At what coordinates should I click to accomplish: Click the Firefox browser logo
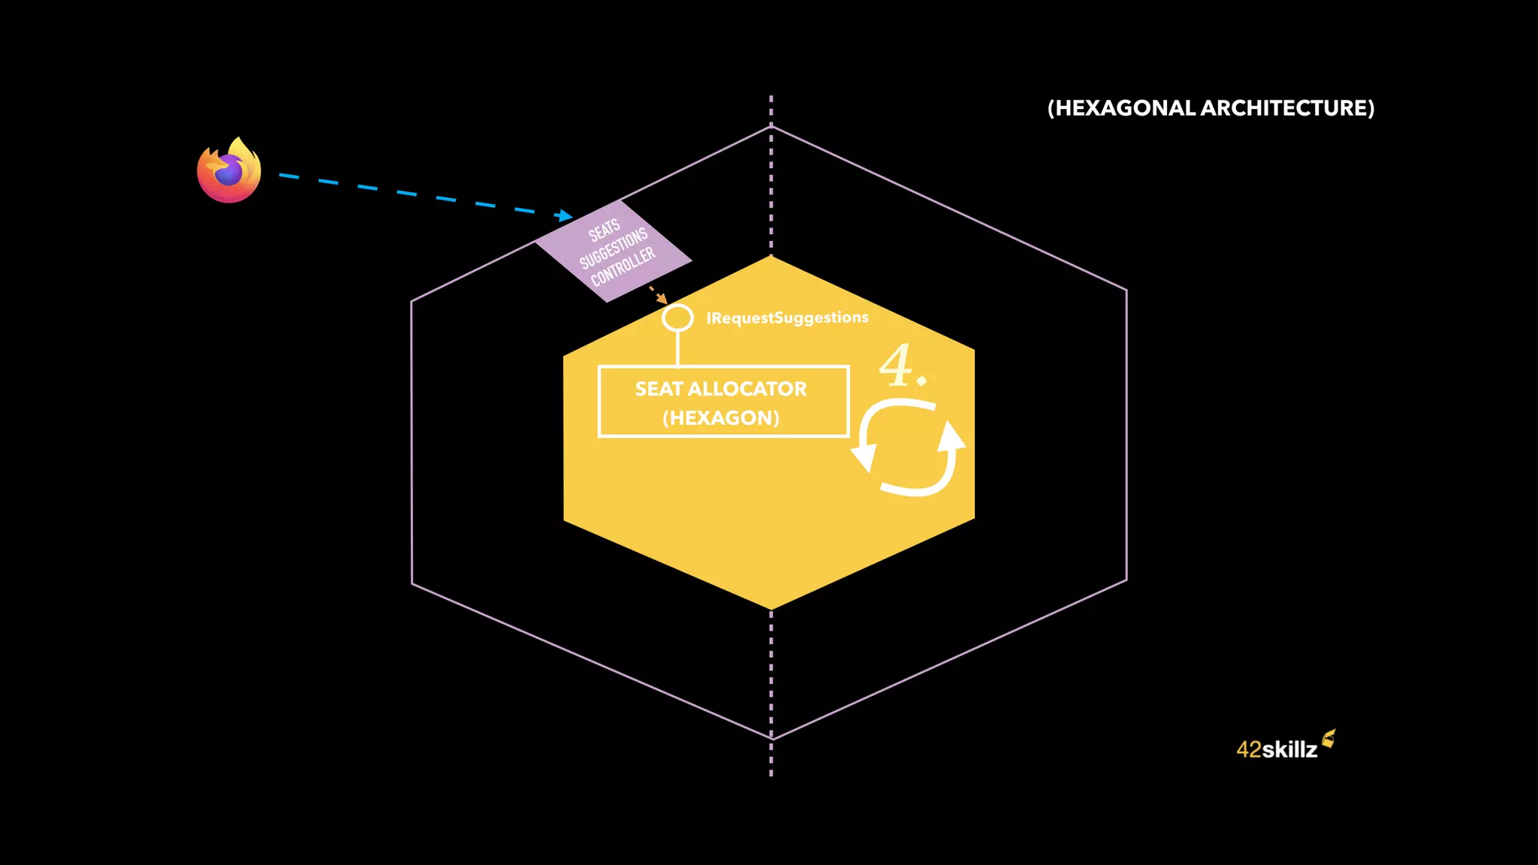point(229,170)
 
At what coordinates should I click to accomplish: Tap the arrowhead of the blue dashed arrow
point(564,216)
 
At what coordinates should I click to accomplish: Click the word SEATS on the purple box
point(604,230)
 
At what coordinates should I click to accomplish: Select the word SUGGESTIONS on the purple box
point(614,249)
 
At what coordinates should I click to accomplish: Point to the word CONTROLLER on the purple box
point(623,267)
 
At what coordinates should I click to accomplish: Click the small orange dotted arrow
point(658,294)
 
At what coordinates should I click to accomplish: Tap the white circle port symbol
point(677,318)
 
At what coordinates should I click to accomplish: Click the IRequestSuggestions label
point(787,318)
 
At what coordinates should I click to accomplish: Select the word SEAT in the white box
point(659,389)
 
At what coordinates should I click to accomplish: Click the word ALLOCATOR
point(747,389)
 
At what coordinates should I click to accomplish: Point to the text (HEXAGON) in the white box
point(721,417)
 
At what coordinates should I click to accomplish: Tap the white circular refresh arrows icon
point(909,448)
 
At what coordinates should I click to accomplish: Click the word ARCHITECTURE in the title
point(1287,108)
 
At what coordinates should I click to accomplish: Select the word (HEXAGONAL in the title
point(1122,108)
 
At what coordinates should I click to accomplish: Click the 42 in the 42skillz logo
point(1249,749)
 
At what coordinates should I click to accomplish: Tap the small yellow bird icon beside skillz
point(1328,739)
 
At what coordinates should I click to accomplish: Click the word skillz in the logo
point(1289,749)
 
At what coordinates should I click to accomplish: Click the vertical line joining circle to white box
point(677,348)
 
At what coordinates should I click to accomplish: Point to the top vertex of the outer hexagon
point(771,127)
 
